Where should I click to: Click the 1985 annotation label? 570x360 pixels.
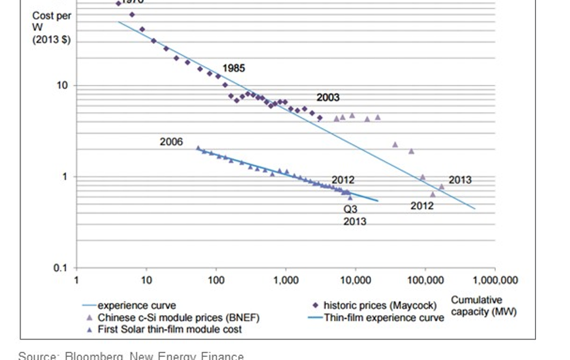(233, 68)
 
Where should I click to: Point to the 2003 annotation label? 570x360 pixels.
(328, 97)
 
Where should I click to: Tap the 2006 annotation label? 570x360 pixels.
(171, 142)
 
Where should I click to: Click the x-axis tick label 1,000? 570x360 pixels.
(286, 280)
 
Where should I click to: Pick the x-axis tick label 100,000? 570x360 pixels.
(425, 280)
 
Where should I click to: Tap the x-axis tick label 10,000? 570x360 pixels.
(355, 280)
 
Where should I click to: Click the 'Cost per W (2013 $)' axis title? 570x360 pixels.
(51, 28)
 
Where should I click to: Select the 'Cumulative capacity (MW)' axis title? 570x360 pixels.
(484, 306)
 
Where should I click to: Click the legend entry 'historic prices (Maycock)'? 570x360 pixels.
(379, 305)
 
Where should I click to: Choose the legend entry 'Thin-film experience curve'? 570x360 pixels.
(384, 318)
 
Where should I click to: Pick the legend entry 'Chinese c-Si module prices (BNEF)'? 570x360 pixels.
(178, 318)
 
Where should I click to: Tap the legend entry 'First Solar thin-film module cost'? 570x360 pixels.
(170, 329)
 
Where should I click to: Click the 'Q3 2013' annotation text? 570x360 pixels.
(352, 215)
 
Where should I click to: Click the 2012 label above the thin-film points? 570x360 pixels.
(343, 180)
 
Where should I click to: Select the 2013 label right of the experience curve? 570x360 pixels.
(460, 180)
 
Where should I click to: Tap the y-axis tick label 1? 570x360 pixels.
(65, 177)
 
